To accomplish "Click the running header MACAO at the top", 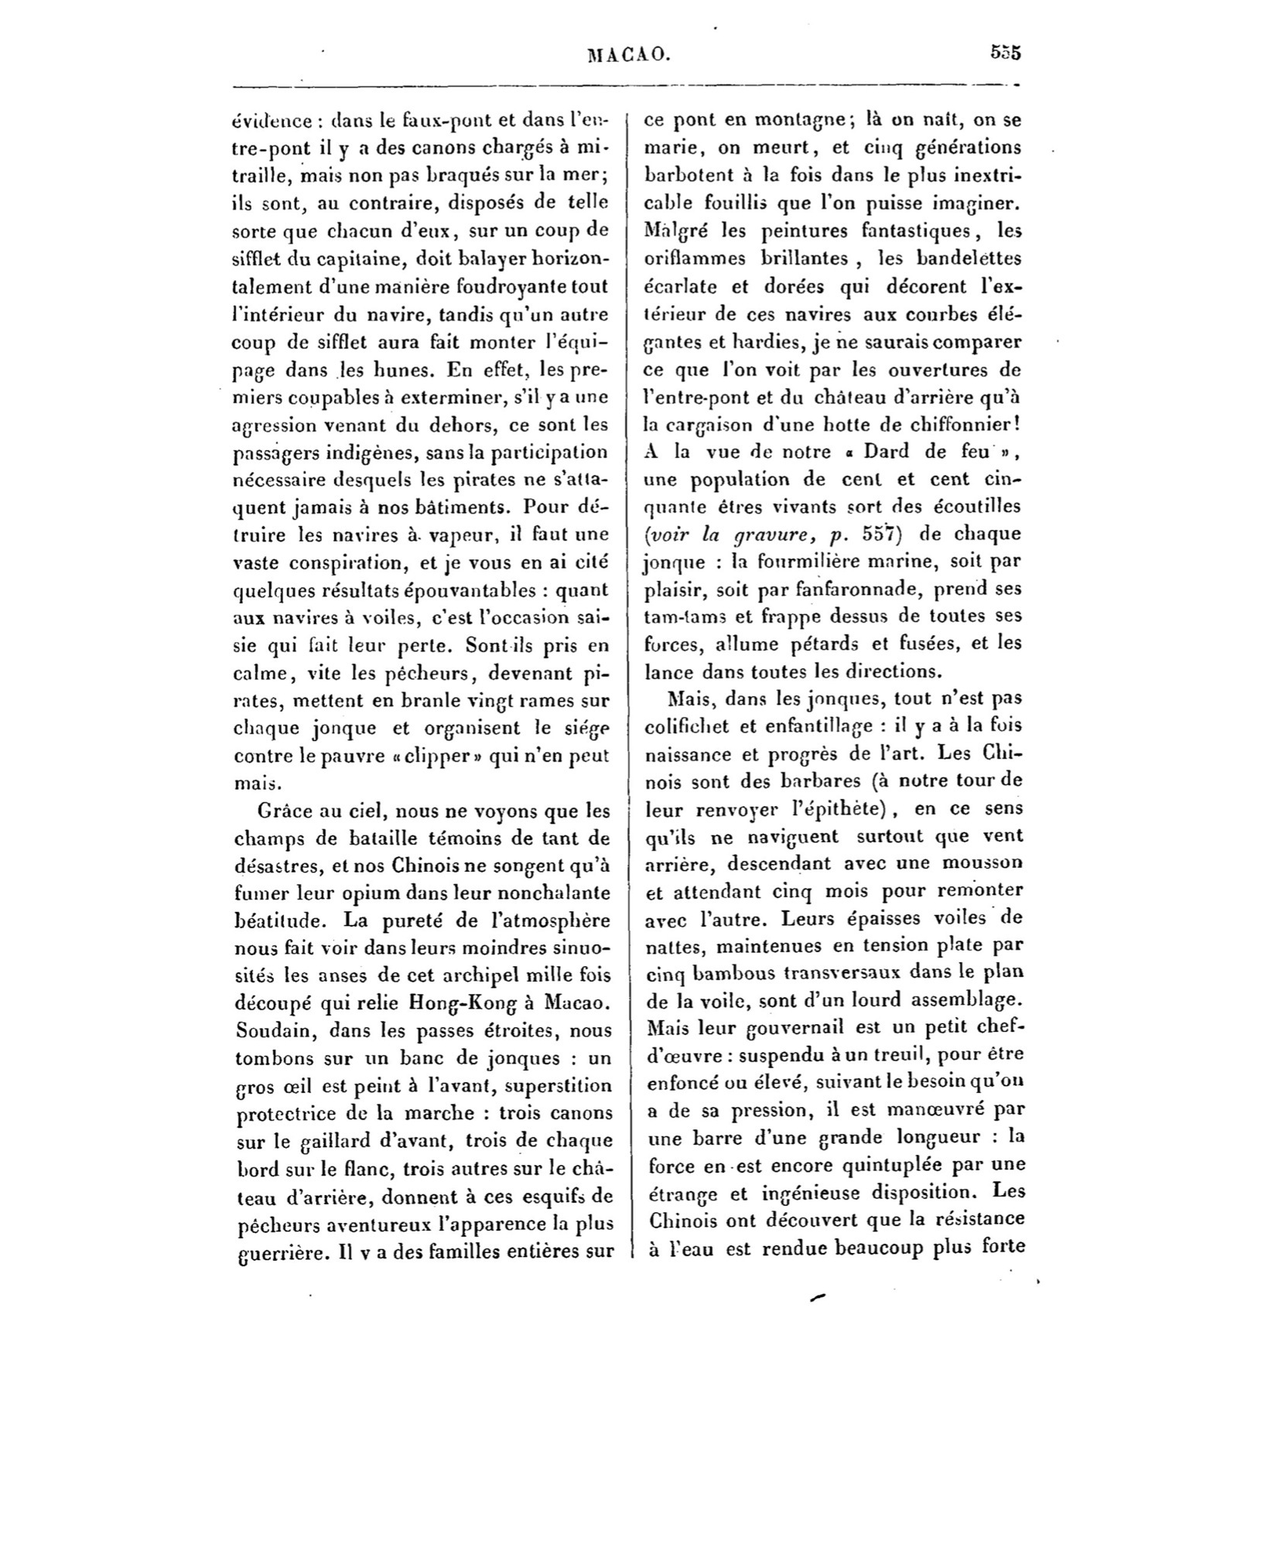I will [x=628, y=54].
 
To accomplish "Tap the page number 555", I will [x=1005, y=53].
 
